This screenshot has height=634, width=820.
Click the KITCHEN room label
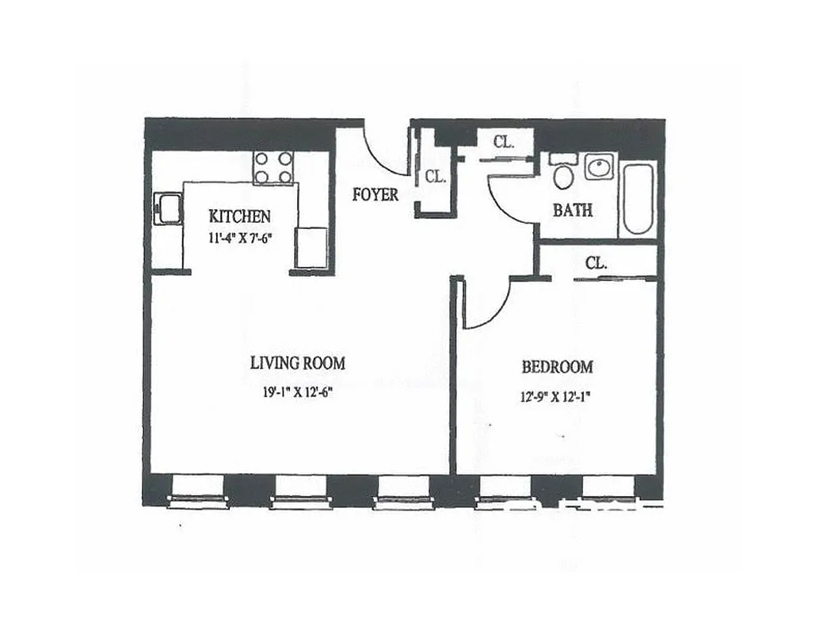pos(239,216)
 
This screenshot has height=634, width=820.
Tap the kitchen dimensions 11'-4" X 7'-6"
pos(239,238)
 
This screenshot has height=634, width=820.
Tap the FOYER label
pos(376,194)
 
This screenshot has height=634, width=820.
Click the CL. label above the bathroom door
pos(504,142)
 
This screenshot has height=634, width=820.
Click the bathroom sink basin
pos(598,168)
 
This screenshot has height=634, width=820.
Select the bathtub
pos(638,198)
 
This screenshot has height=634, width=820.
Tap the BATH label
pos(572,211)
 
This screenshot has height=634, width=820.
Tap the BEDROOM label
pos(557,367)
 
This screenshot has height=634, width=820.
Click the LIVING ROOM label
pos(297,364)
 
